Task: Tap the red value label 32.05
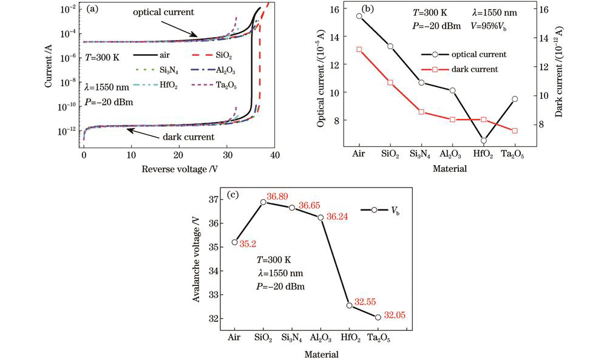coord(394,316)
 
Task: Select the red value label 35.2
coord(247,244)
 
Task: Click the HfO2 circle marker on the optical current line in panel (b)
coord(484,141)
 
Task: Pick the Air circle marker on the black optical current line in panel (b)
coord(359,16)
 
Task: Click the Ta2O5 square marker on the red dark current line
coord(515,131)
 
